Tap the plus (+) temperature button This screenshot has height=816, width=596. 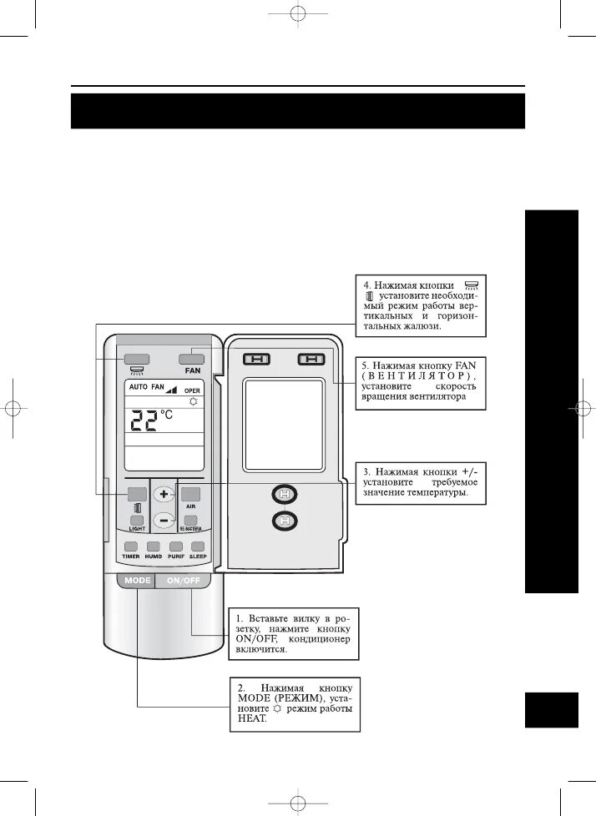[x=164, y=493]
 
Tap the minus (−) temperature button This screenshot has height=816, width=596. [x=164, y=520]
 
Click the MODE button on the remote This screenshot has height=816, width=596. [x=137, y=580]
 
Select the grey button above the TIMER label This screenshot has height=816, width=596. [x=130, y=547]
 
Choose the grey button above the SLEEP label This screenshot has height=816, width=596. [x=197, y=547]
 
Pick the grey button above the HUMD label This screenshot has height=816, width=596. [x=153, y=547]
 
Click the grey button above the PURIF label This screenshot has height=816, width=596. [x=175, y=547]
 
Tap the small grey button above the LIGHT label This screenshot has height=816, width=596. [x=135, y=521]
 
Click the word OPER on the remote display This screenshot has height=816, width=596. [x=193, y=390]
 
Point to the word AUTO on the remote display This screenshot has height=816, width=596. [x=138, y=388]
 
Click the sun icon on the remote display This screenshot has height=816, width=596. [x=194, y=401]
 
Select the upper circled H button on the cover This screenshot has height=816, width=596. [x=285, y=494]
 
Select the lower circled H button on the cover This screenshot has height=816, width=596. [x=285, y=522]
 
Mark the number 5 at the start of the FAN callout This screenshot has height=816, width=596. [x=365, y=365]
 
